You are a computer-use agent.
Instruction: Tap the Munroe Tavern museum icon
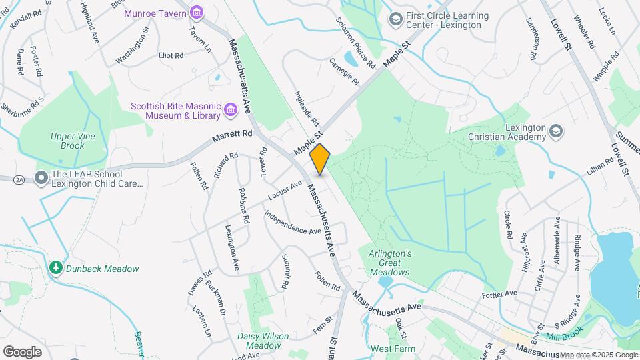pyautogui.click(x=196, y=12)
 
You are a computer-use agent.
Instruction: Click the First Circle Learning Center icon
pyautogui.click(x=396, y=19)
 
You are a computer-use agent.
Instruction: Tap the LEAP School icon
pyautogui.click(x=41, y=178)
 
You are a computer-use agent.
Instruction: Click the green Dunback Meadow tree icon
pyautogui.click(x=56, y=268)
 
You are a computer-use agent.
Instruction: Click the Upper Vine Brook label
pyautogui.click(x=67, y=141)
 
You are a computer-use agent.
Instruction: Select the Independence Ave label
pyautogui.click(x=293, y=223)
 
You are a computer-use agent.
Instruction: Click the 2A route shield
pyautogui.click(x=17, y=179)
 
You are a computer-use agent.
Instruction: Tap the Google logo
pyautogui.click(x=22, y=351)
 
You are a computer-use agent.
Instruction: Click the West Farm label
pyautogui.click(x=393, y=349)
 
